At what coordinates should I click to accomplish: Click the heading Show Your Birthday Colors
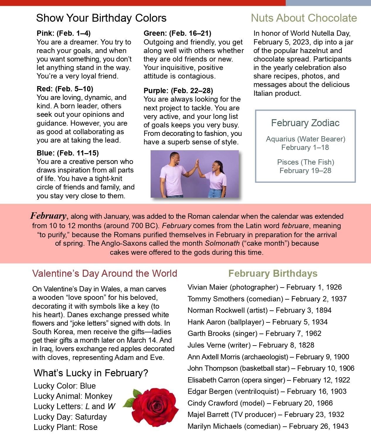pyautogui.click(x=101, y=18)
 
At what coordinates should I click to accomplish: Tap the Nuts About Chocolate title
pyautogui.click(x=304, y=18)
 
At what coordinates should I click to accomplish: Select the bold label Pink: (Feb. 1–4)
pyautogui.click(x=64, y=33)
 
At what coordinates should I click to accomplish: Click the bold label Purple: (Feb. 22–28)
pyautogui.click(x=178, y=90)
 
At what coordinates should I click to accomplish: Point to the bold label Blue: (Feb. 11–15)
pyautogui.click(x=68, y=153)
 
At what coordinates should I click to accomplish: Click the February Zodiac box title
pyautogui.click(x=305, y=123)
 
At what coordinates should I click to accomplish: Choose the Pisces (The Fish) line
pyautogui.click(x=306, y=162)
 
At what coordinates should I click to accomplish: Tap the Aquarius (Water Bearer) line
pyautogui.click(x=306, y=139)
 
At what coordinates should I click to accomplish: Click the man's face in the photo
pyautogui.click(x=175, y=158)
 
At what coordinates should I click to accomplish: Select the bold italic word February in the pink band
pyautogui.click(x=48, y=216)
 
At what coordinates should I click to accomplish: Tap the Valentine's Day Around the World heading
pyautogui.click(x=105, y=273)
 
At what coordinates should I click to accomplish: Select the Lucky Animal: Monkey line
pyautogui.click(x=73, y=396)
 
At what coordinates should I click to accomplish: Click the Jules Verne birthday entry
pyautogui.click(x=251, y=345)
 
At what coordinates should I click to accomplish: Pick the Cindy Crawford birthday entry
pyautogui.click(x=260, y=403)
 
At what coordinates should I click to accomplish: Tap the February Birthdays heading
pyautogui.click(x=273, y=273)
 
